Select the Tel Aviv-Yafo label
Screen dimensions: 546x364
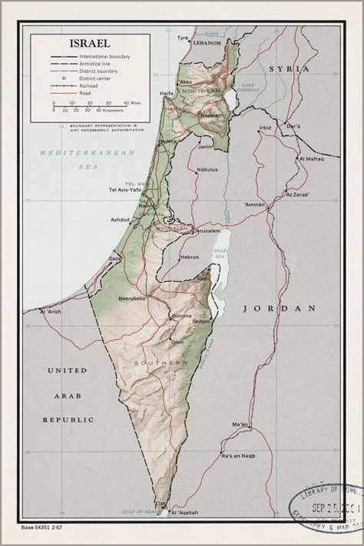[127, 190]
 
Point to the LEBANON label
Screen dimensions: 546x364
[206, 44]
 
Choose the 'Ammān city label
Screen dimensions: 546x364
[255, 205]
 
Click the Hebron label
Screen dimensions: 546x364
[190, 258]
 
